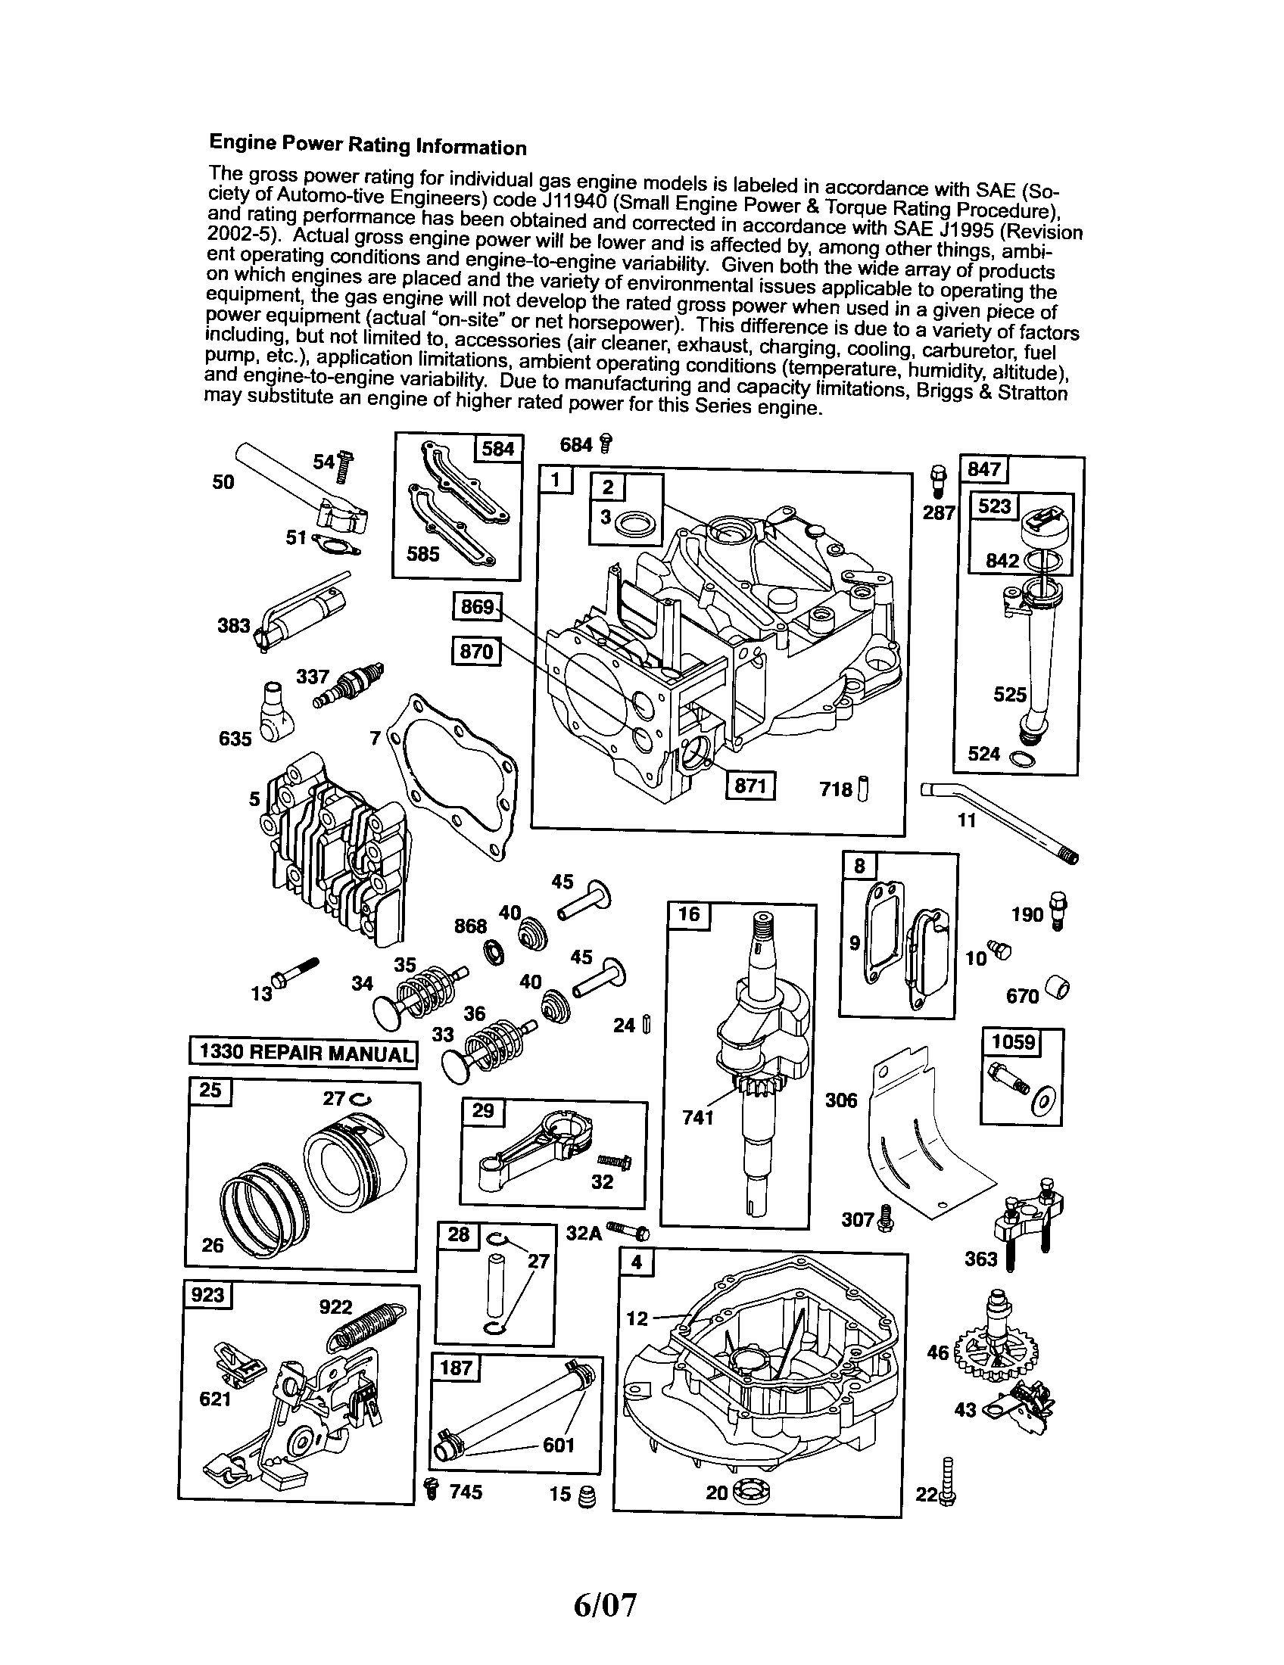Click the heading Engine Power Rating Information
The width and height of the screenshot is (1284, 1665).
367,144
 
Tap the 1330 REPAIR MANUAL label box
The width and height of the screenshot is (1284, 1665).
304,1053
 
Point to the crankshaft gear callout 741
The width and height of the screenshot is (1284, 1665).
699,1118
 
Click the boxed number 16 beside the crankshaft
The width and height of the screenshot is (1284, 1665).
688,914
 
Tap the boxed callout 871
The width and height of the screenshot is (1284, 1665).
750,786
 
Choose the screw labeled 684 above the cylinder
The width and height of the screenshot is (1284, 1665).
606,443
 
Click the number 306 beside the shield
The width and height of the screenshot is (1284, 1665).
840,1100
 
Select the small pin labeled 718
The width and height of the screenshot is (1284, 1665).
863,789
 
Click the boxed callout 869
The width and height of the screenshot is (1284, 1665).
477,607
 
